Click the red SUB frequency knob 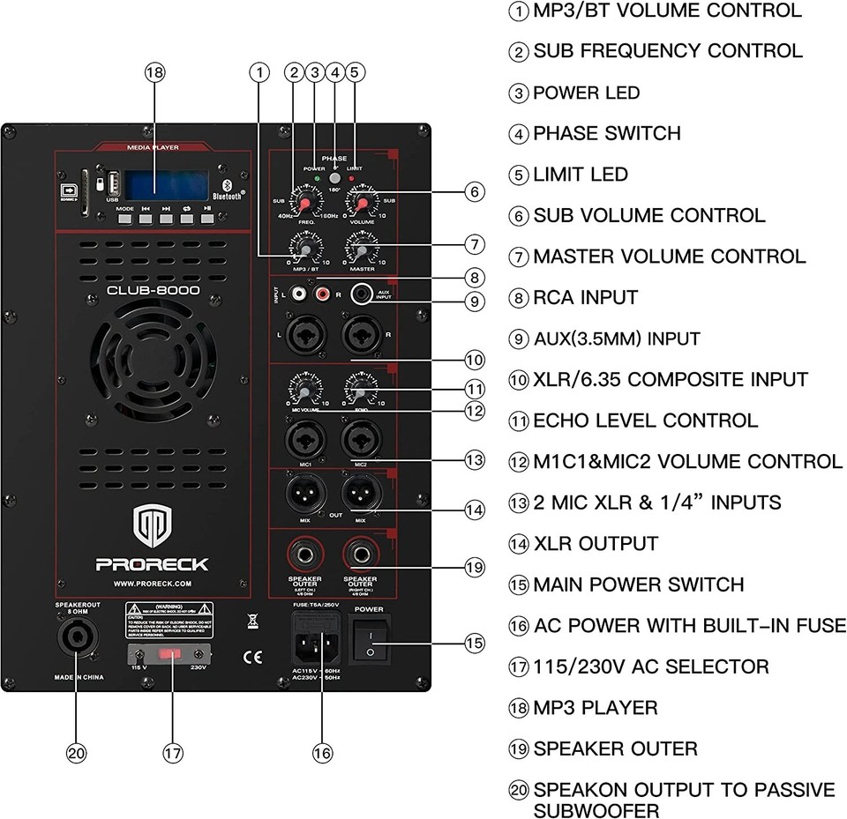(x=305, y=205)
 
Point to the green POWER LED (x=315, y=180)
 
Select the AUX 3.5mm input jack (x=361, y=294)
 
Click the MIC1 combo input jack (x=303, y=436)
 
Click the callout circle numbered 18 (x=155, y=74)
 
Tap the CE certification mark (x=252, y=656)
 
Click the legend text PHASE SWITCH (x=607, y=134)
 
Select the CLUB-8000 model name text (x=153, y=290)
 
